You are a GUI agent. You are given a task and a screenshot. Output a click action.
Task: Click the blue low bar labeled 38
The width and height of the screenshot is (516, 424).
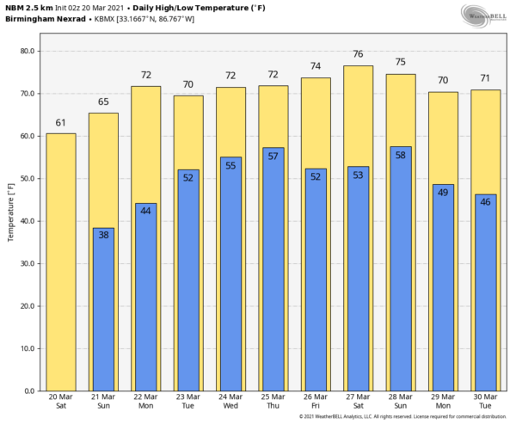103,310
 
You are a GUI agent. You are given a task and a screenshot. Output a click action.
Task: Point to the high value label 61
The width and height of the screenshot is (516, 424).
60,124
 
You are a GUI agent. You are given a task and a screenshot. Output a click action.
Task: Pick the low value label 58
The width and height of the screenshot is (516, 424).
400,155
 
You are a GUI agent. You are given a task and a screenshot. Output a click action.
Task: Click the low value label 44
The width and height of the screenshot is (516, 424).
145,211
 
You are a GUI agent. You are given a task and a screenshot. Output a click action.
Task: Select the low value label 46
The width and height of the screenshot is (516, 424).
485,202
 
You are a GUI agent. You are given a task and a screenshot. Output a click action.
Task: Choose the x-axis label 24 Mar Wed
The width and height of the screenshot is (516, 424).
230,402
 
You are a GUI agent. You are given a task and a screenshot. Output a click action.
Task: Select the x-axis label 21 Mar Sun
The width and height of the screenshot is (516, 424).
103,402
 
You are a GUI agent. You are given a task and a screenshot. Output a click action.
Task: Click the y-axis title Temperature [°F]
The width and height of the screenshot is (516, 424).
10,212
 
